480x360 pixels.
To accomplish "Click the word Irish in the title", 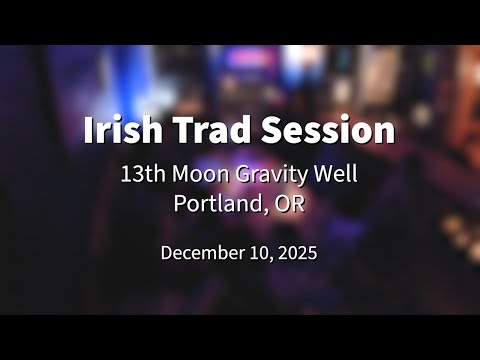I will tap(118, 130).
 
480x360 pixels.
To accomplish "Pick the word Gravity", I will tap(269, 174).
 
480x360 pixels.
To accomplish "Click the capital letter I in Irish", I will tap(89, 130).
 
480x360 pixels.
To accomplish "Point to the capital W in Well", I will tap(320, 173).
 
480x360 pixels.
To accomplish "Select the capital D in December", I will tap(167, 253).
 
